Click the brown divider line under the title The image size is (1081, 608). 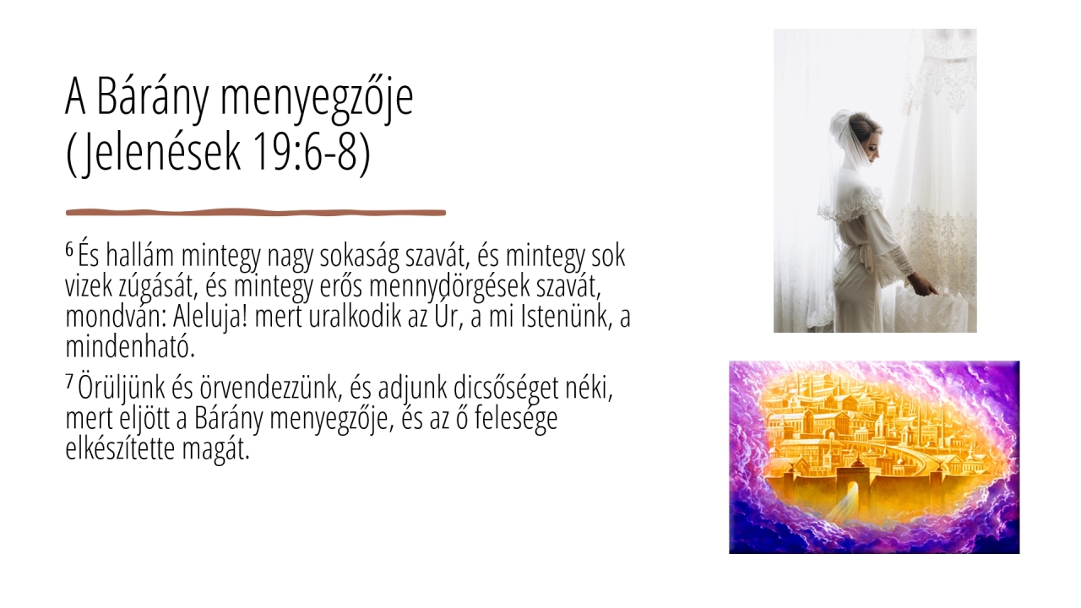(256, 212)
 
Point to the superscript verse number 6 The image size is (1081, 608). (69, 249)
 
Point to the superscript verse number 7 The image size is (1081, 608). (69, 382)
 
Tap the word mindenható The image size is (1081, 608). (130, 346)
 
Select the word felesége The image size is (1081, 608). (516, 418)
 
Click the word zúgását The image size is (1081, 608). (159, 287)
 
